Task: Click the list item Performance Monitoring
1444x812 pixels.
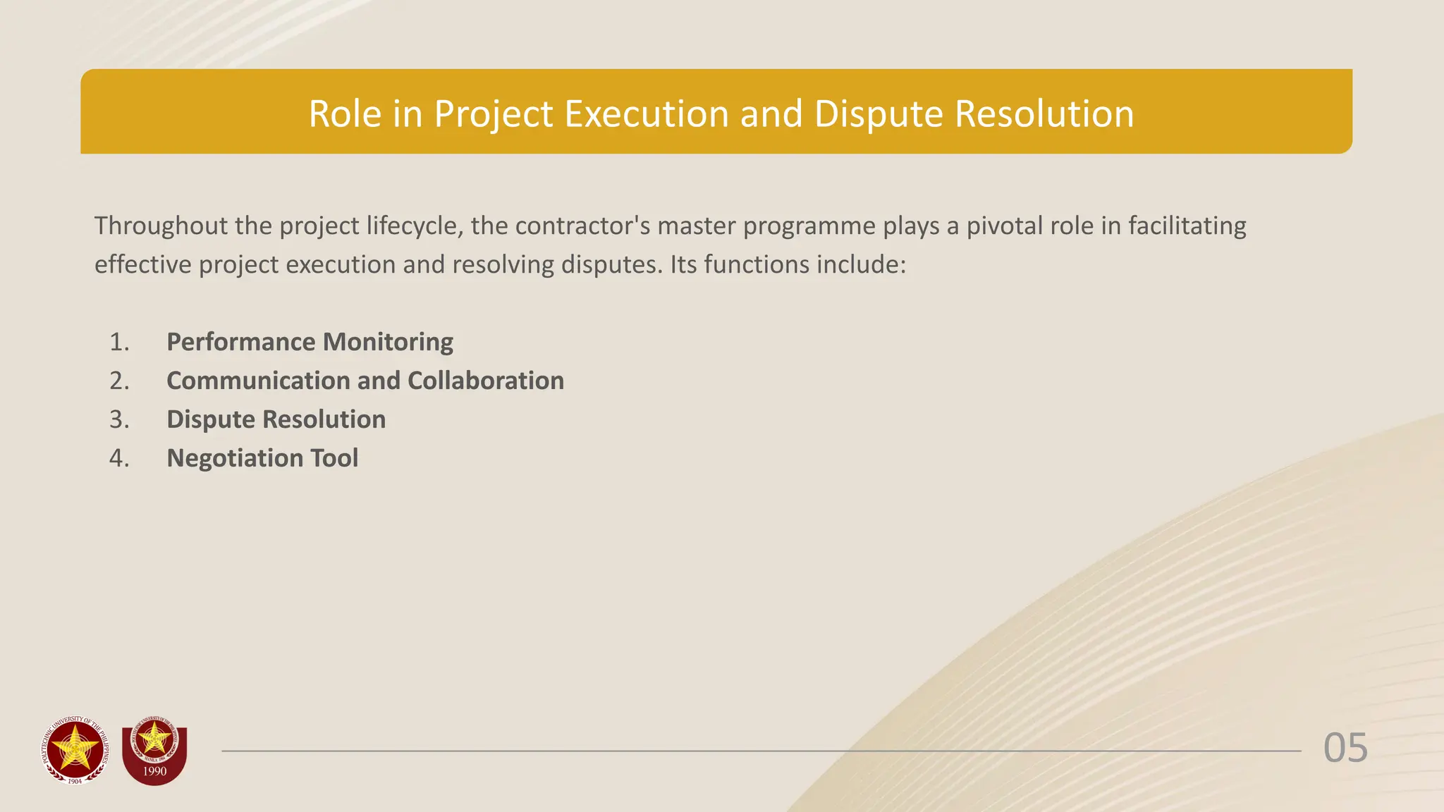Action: (310, 342)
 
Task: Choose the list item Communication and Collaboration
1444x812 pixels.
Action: (365, 381)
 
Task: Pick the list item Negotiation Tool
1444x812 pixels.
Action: (262, 458)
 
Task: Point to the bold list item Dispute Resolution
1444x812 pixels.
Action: (276, 419)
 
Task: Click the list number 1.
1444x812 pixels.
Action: (119, 342)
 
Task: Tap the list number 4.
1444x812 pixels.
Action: (119, 458)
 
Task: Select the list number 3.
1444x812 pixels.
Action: (119, 419)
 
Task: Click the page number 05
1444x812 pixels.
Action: (1345, 748)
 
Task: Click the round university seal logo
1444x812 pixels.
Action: (75, 751)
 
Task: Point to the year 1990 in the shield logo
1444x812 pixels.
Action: (154, 771)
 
